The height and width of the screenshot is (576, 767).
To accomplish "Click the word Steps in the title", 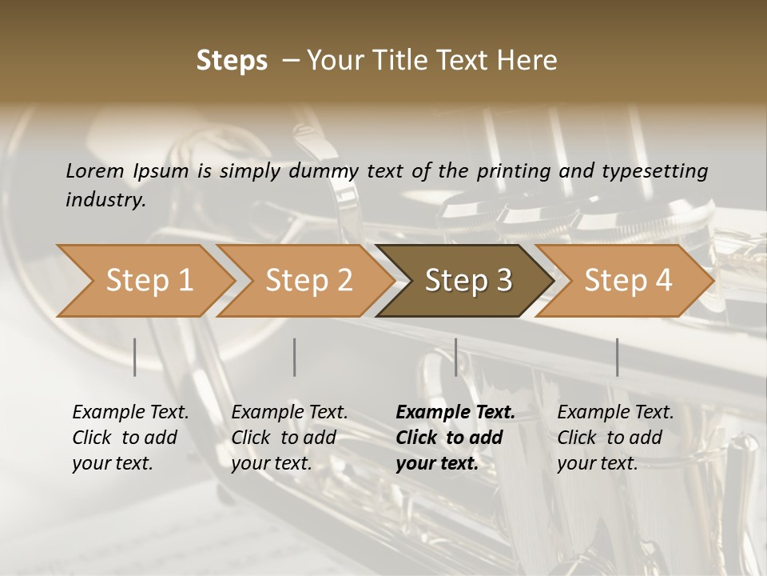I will pos(232,61).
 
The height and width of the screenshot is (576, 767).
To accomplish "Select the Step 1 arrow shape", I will pos(144,281).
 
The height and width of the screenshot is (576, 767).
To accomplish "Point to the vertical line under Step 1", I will pos(135,357).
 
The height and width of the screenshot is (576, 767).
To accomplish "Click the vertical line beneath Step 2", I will pos(295,357).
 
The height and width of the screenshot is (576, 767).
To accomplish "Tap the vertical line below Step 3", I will pos(455,357).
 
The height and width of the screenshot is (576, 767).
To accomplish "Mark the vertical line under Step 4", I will pos(617,357).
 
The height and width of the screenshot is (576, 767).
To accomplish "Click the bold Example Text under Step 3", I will pos(455,438).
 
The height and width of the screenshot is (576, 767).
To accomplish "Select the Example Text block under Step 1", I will pos(130,438).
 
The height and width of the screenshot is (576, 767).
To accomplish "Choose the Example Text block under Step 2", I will pos(289,438).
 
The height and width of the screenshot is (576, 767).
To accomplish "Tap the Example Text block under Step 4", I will pos(615,438).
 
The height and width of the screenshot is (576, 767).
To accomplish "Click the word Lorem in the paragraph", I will pos(94,171).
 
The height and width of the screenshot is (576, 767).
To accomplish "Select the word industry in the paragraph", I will pos(105,200).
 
